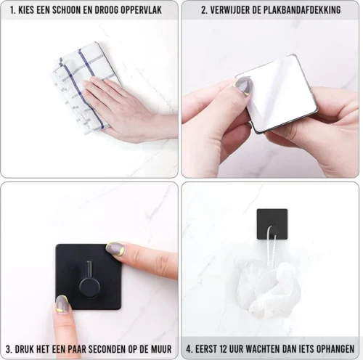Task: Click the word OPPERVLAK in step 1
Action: point(141,10)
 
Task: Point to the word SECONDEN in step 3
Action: point(106,349)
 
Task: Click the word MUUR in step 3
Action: point(162,349)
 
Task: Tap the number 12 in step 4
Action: point(224,349)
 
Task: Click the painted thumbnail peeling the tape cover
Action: point(243,86)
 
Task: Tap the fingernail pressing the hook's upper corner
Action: point(115,247)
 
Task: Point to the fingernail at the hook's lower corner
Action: point(62,305)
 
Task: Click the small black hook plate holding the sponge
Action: point(272,224)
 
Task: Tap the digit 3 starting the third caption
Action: point(9,349)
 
